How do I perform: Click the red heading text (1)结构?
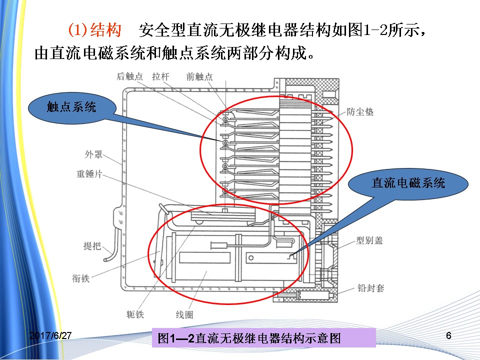94,30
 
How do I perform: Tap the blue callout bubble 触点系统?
71,106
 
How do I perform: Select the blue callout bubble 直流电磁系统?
407,183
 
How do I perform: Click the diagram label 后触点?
129,76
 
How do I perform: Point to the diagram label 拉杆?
161,76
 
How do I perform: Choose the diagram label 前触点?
199,76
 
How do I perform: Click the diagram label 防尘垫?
360,111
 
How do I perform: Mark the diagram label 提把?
92,246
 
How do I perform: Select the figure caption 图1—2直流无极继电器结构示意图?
249,338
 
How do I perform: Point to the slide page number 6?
448,335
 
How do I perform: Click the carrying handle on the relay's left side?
118,235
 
